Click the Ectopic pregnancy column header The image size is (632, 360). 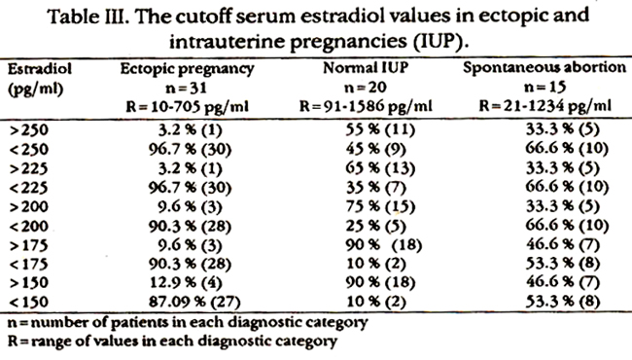187,69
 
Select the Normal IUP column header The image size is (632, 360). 366,68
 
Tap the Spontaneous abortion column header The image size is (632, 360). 544,67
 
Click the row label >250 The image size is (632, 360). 28,130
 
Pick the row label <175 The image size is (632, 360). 28,265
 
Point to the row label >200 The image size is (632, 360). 28,207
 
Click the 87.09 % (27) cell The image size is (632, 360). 194,302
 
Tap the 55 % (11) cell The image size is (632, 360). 380,129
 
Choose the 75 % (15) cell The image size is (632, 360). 380,206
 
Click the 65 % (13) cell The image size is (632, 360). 380,167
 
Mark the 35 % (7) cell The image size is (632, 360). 375,187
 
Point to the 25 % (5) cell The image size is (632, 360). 375,226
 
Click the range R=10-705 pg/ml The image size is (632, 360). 187,107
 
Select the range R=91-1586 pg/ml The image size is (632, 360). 366,106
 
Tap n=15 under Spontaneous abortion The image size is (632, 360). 544,87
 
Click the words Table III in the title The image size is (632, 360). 88,17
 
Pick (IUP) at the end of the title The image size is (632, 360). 441,42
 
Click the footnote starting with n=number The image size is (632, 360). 188,322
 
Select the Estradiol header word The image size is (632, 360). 40,69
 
